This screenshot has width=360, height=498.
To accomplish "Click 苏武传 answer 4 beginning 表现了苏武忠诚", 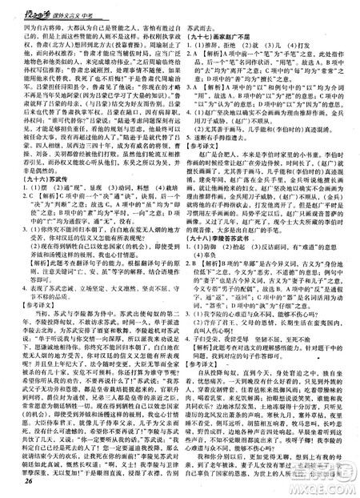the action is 80,283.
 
